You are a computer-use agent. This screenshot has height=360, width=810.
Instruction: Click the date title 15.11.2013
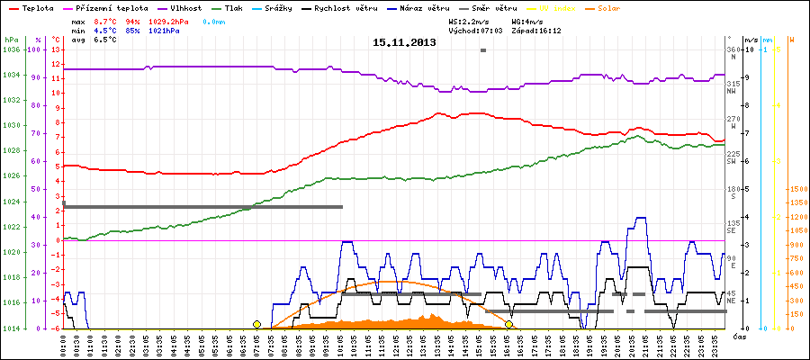[404, 42]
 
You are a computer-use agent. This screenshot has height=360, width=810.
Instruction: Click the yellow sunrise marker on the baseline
[256, 324]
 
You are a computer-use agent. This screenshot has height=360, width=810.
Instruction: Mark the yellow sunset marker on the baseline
[508, 324]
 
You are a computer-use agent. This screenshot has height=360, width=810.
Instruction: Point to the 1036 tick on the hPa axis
[11, 49]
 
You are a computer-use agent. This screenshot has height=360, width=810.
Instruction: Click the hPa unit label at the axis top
[10, 40]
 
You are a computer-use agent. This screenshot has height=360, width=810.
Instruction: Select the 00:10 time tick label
[64, 343]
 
